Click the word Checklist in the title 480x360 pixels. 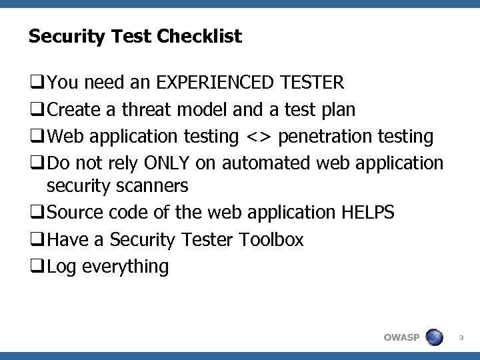pyautogui.click(x=199, y=37)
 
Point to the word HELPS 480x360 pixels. pyautogui.click(x=367, y=212)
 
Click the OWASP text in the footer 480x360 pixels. pyautogui.click(x=401, y=337)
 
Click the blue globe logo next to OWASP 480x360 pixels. pyautogui.click(x=434, y=337)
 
